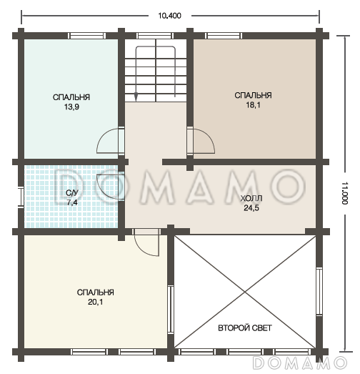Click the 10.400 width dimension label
coord(169,16)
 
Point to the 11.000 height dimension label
coord(345,193)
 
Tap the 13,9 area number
coord(71,107)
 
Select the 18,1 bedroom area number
coord(253,105)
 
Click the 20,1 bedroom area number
coord(95,302)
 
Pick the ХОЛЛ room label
coord(251,198)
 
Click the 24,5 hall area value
coord(251,208)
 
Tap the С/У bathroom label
coord(72,193)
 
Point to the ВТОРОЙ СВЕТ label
coord(245,328)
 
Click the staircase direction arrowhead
coord(136,97)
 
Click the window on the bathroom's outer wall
coord(21,197)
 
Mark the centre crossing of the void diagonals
coord(245,292)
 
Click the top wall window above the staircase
coord(155,36)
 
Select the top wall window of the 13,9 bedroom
coord(86,36)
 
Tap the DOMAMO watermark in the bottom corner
coord(300,363)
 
